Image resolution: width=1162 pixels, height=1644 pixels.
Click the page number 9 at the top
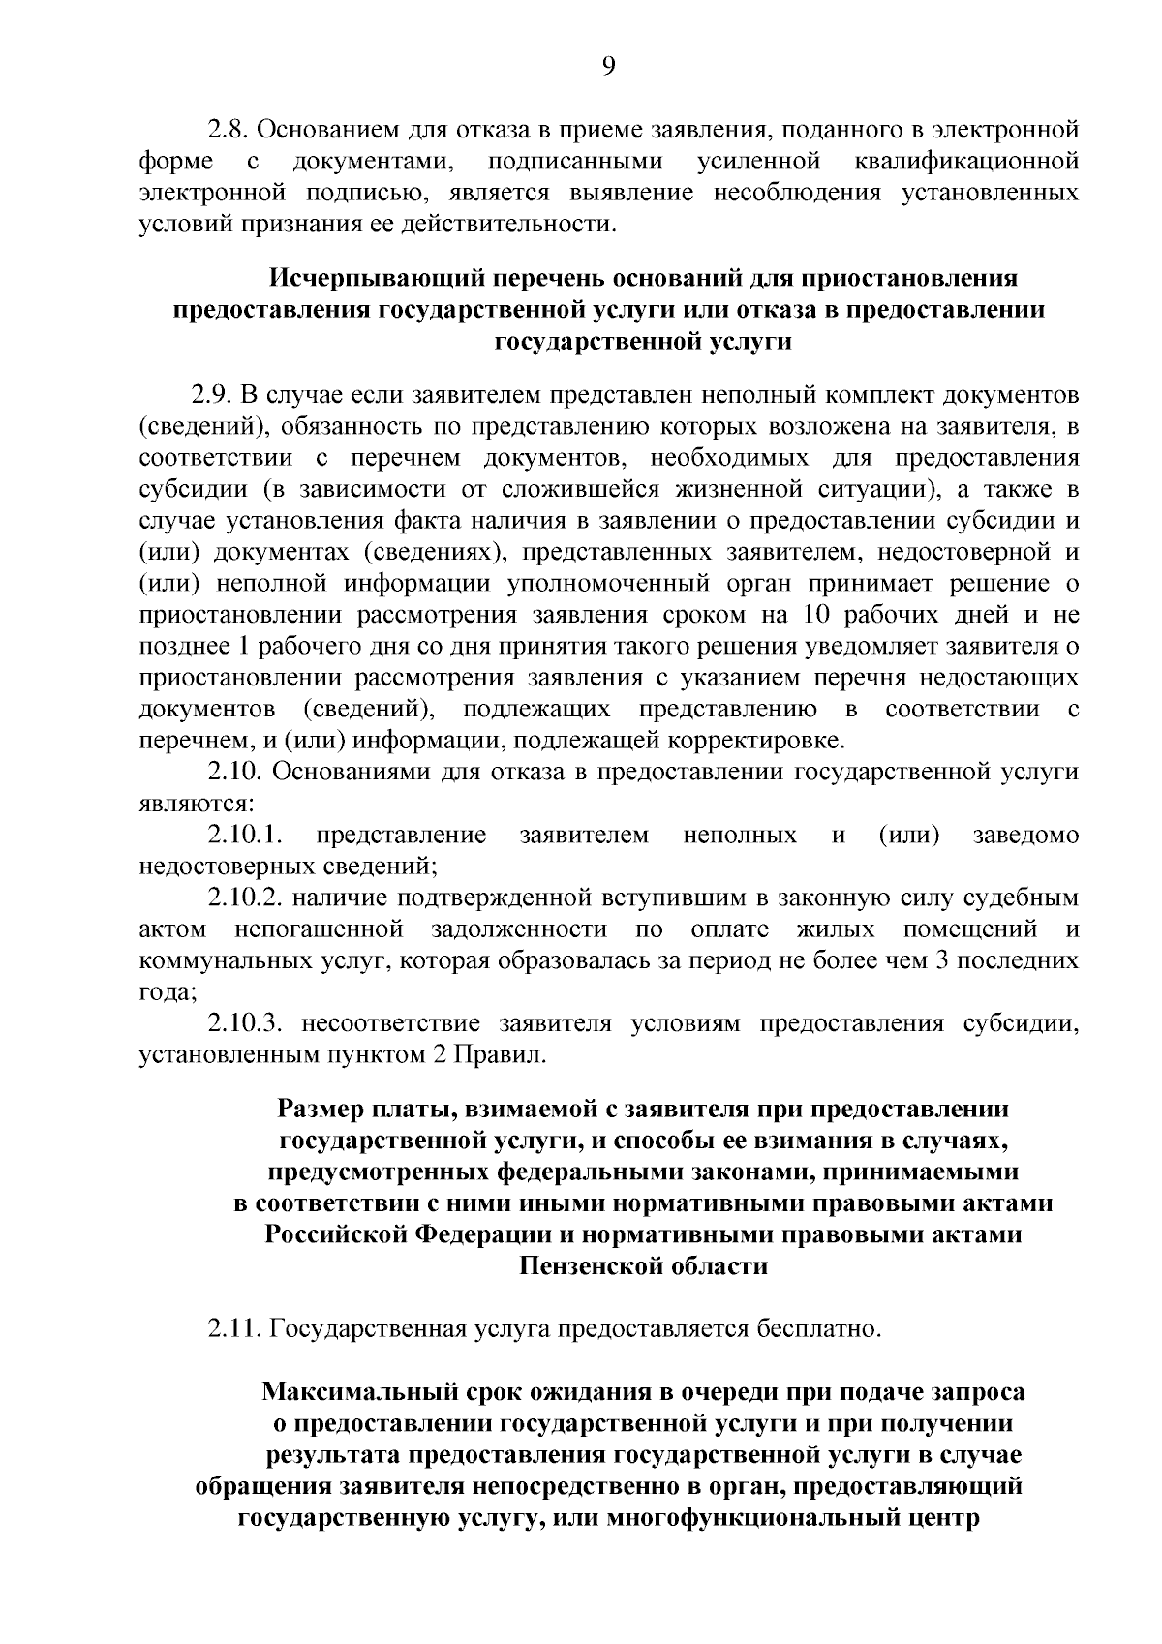(x=608, y=65)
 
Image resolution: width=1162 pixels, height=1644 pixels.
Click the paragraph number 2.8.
(x=229, y=128)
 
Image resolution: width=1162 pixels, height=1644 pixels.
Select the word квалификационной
(x=967, y=160)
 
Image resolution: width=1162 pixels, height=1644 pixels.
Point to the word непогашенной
(x=319, y=930)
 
